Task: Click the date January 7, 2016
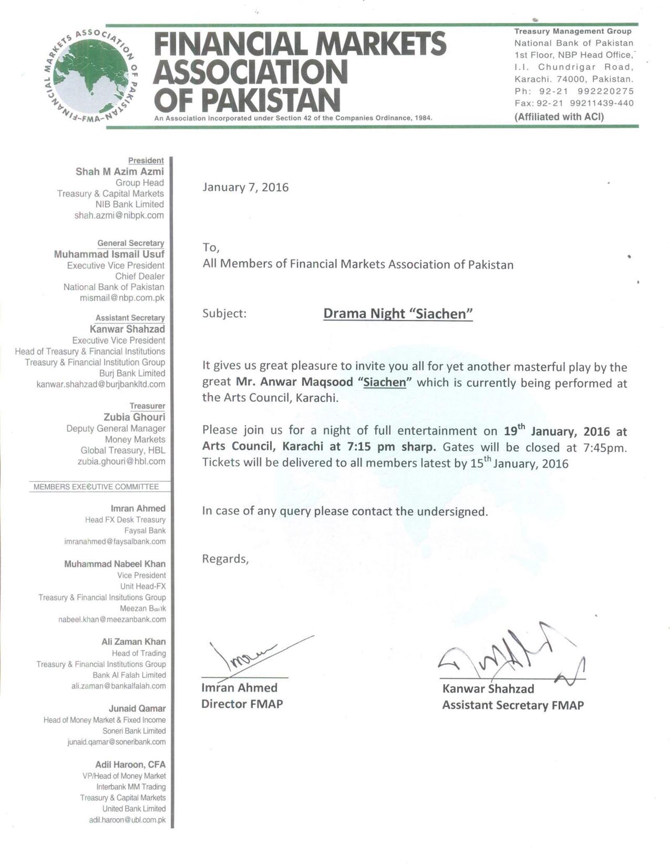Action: [x=245, y=187]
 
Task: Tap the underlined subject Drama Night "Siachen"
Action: [x=398, y=314]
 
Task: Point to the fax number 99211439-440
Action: [x=602, y=103]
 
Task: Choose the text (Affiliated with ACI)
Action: [x=559, y=117]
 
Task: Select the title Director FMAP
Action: [x=242, y=704]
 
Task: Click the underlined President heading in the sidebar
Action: [x=146, y=160]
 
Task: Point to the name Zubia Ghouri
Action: [x=134, y=417]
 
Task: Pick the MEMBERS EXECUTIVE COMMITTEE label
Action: [x=96, y=487]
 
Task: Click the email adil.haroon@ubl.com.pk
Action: [x=127, y=820]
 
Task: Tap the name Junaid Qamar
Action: [x=137, y=709]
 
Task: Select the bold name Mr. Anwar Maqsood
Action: [x=294, y=382]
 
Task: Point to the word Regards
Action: [x=225, y=559]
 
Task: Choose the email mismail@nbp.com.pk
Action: [x=122, y=298]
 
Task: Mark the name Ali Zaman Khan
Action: [x=133, y=642]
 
